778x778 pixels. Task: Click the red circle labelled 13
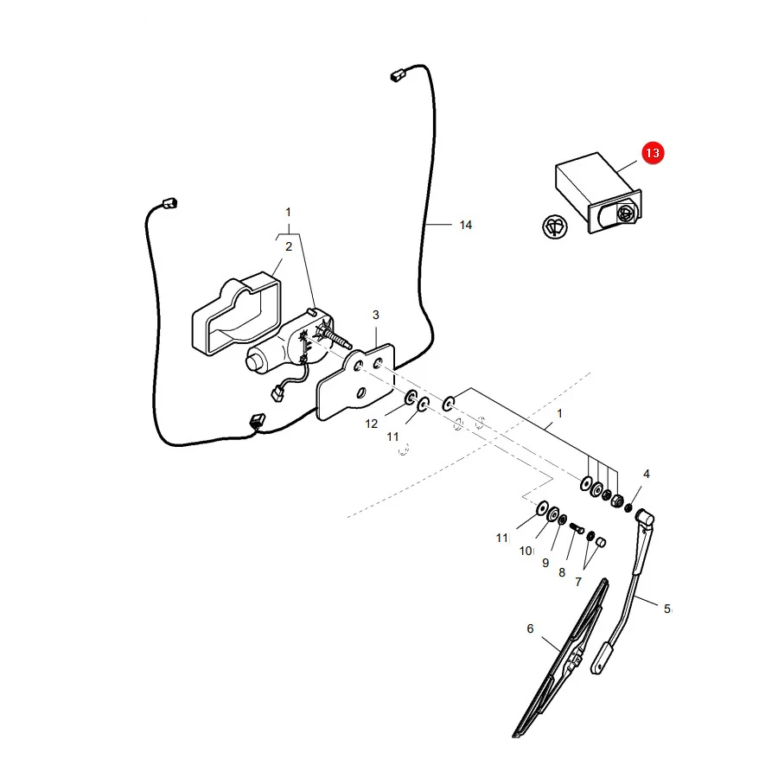(x=653, y=153)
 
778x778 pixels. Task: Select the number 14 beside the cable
(x=465, y=226)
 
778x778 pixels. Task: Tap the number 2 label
(x=289, y=246)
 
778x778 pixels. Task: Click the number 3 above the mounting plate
(x=376, y=315)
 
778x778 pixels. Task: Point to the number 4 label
(x=646, y=474)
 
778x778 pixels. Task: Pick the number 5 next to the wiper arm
(x=666, y=609)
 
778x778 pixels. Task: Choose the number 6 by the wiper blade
(x=530, y=628)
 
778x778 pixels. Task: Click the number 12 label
(x=371, y=424)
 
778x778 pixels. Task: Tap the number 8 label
(x=562, y=572)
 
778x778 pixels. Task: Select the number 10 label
(x=526, y=551)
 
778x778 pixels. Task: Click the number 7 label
(x=578, y=582)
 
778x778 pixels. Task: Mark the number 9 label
(x=545, y=563)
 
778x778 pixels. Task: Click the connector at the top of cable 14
(x=397, y=76)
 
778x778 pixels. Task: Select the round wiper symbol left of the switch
(x=555, y=227)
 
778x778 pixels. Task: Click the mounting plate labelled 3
(x=355, y=382)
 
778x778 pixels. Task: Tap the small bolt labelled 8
(x=577, y=528)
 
